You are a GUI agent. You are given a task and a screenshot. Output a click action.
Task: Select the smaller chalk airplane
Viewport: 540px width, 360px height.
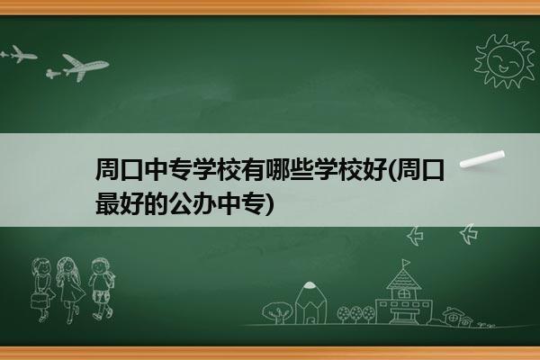19,54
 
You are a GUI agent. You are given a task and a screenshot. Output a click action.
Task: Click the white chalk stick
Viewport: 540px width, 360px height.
482,159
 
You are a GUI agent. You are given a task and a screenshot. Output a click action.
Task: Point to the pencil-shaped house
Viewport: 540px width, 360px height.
310,302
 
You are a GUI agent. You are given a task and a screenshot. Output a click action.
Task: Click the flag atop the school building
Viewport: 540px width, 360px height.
406,263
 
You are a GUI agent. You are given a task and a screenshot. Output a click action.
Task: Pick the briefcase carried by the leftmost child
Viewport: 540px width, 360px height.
39,301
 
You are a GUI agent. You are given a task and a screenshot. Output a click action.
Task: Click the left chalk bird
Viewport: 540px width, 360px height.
415,236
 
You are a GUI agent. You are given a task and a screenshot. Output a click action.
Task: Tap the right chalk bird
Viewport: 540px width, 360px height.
469,234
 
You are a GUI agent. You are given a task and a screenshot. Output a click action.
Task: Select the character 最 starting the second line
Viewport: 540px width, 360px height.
107,203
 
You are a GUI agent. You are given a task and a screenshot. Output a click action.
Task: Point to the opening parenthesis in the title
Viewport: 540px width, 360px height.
391,170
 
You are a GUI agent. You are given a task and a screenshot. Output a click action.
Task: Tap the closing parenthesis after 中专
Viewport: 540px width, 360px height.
270,204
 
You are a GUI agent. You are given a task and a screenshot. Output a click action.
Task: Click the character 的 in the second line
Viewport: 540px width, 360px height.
157,203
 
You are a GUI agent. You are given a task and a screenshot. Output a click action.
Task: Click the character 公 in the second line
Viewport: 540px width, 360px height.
181,203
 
